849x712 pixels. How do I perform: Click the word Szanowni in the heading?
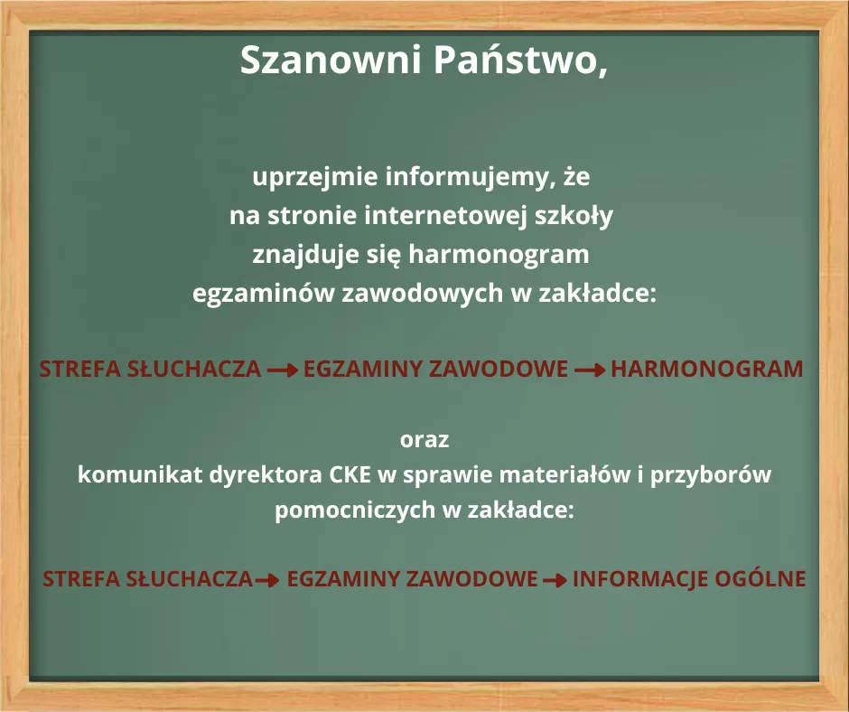coord(331,60)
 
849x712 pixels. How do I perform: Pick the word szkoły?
coord(574,216)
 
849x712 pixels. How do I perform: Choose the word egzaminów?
coord(265,294)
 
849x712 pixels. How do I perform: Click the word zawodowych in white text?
coord(424,294)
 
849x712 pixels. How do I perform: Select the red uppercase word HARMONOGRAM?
coord(707,369)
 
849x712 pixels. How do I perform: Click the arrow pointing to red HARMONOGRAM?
coord(590,370)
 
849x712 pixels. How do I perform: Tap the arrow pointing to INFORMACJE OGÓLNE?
coord(555,580)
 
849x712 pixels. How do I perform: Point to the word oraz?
coord(424,439)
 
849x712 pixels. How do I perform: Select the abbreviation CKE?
coord(350,474)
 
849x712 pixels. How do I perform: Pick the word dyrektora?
coord(266,475)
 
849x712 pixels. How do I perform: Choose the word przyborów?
coord(711,475)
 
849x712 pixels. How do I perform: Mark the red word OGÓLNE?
coord(760,578)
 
